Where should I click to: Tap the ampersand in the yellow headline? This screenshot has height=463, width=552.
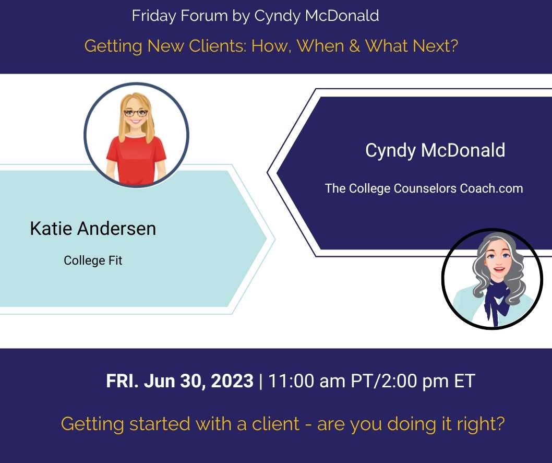pyautogui.click(x=354, y=46)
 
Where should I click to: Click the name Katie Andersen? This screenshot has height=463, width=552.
pyautogui.click(x=93, y=229)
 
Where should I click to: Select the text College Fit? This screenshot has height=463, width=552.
pyautogui.click(x=93, y=260)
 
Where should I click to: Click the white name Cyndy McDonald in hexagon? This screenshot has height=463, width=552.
pyautogui.click(x=435, y=150)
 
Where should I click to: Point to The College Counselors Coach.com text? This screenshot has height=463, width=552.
pyautogui.click(x=424, y=188)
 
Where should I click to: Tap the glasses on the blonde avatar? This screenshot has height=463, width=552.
pyautogui.click(x=136, y=113)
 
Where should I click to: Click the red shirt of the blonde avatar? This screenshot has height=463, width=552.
pyautogui.click(x=136, y=159)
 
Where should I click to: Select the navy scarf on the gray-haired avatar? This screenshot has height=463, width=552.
pyautogui.click(x=494, y=299)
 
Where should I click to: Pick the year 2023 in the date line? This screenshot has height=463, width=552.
pyautogui.click(x=232, y=381)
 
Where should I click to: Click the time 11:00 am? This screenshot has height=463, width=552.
pyautogui.click(x=306, y=381)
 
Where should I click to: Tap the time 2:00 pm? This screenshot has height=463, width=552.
pyautogui.click(x=414, y=381)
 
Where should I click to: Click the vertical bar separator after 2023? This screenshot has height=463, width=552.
pyautogui.click(x=260, y=382)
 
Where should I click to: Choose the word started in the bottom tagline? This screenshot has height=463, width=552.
pyautogui.click(x=160, y=423)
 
